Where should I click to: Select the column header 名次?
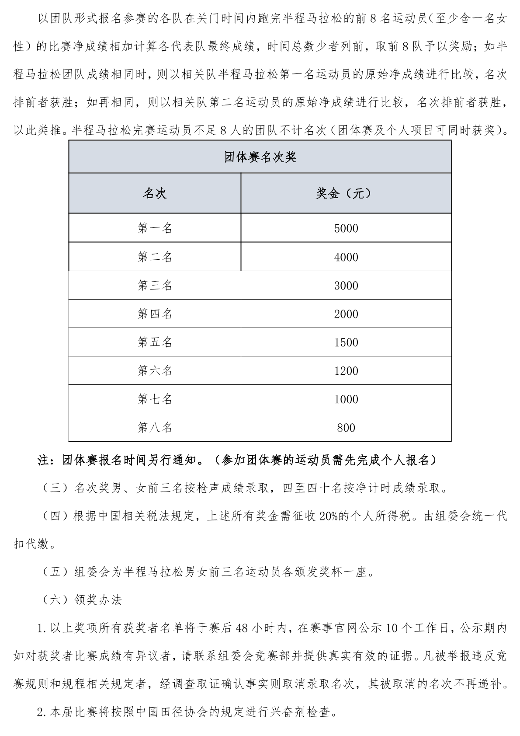pyautogui.click(x=155, y=193)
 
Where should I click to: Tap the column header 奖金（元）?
pyautogui.click(x=346, y=193)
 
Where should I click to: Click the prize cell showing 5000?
pyautogui.click(x=346, y=228)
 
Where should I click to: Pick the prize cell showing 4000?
pyautogui.click(x=346, y=257)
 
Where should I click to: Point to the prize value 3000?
pyautogui.click(x=346, y=286)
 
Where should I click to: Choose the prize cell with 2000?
pyautogui.click(x=346, y=314)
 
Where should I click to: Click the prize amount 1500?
pyautogui.click(x=346, y=342)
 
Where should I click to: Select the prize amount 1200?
pyautogui.click(x=346, y=371)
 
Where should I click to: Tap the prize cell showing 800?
pyautogui.click(x=346, y=428)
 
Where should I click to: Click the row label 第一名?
pyautogui.click(x=155, y=228)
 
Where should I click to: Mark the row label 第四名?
pyautogui.click(x=155, y=314)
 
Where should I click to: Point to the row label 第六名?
pyautogui.click(x=155, y=371)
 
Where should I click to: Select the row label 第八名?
pyautogui.click(x=155, y=428)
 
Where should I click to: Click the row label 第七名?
pyautogui.click(x=155, y=399)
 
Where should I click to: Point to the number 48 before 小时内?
pyautogui.click(x=243, y=628)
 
